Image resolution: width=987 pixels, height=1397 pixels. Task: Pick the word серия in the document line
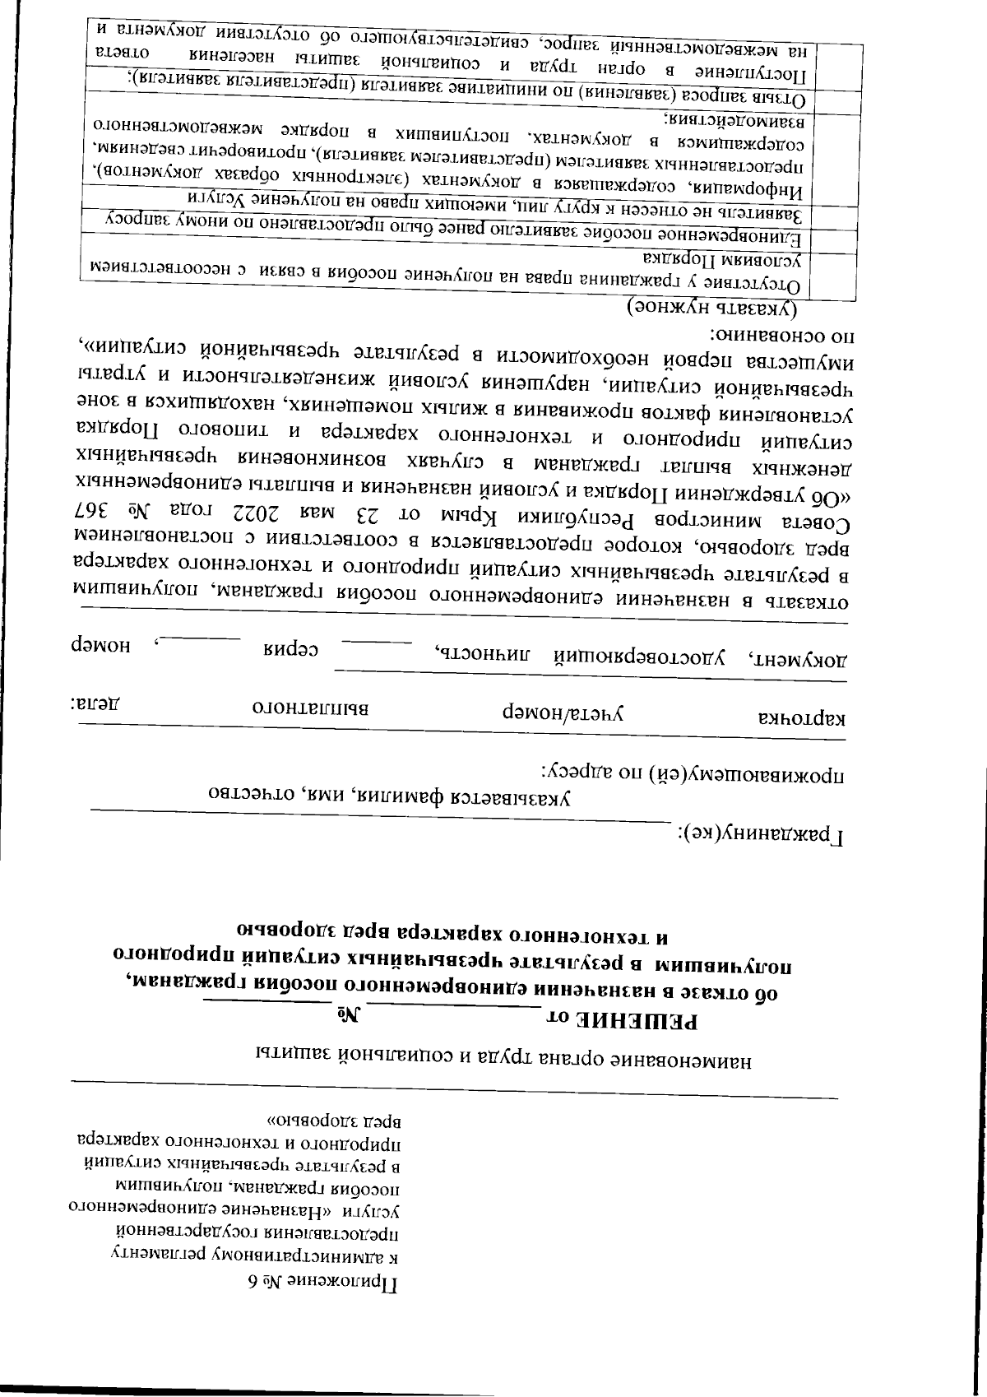click(x=290, y=651)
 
